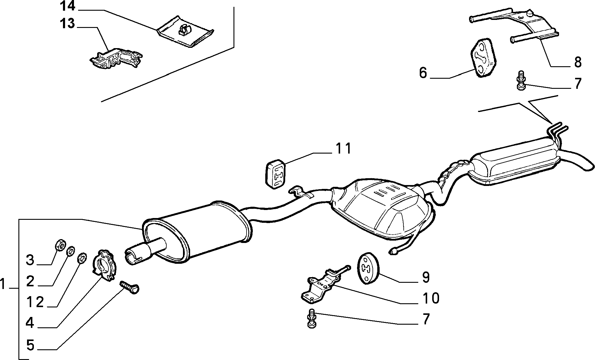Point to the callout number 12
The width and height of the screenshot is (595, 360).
(x=34, y=302)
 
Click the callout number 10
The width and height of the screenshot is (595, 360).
(x=431, y=298)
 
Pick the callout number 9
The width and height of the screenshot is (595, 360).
(x=426, y=277)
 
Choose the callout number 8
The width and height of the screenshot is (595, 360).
(x=577, y=62)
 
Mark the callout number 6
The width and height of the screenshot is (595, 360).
(x=423, y=73)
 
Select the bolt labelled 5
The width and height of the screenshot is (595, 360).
(x=130, y=288)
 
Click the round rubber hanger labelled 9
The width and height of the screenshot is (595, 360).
(x=367, y=269)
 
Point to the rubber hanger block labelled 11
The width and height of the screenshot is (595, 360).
(x=275, y=174)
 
